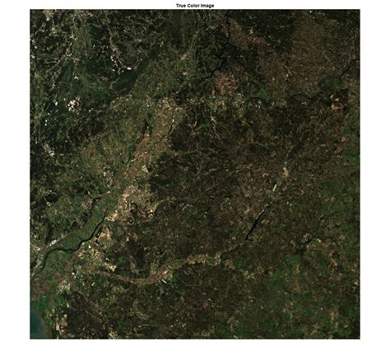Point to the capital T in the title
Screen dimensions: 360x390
[x=178, y=5]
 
